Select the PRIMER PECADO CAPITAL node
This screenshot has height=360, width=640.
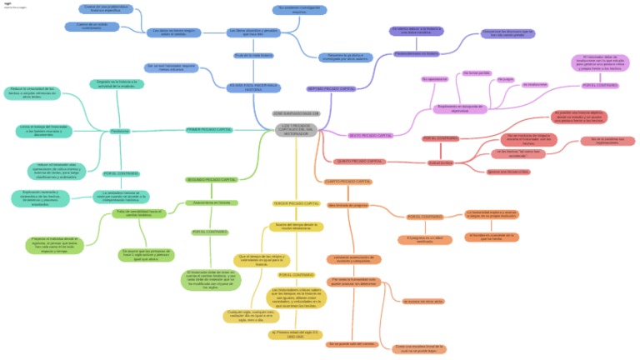[208, 129]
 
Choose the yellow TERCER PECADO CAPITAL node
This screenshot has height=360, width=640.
[296, 203]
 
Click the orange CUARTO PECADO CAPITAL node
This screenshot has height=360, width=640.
[347, 181]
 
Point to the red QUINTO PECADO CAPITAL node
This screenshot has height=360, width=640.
[359, 161]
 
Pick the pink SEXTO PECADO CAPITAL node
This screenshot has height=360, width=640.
[369, 135]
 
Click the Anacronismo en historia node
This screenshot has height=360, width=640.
[211, 202]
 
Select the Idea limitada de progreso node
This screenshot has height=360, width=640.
[347, 204]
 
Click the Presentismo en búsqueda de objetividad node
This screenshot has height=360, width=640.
[461, 109]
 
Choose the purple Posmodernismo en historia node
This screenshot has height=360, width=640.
[416, 53]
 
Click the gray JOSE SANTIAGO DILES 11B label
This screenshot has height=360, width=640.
[296, 112]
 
